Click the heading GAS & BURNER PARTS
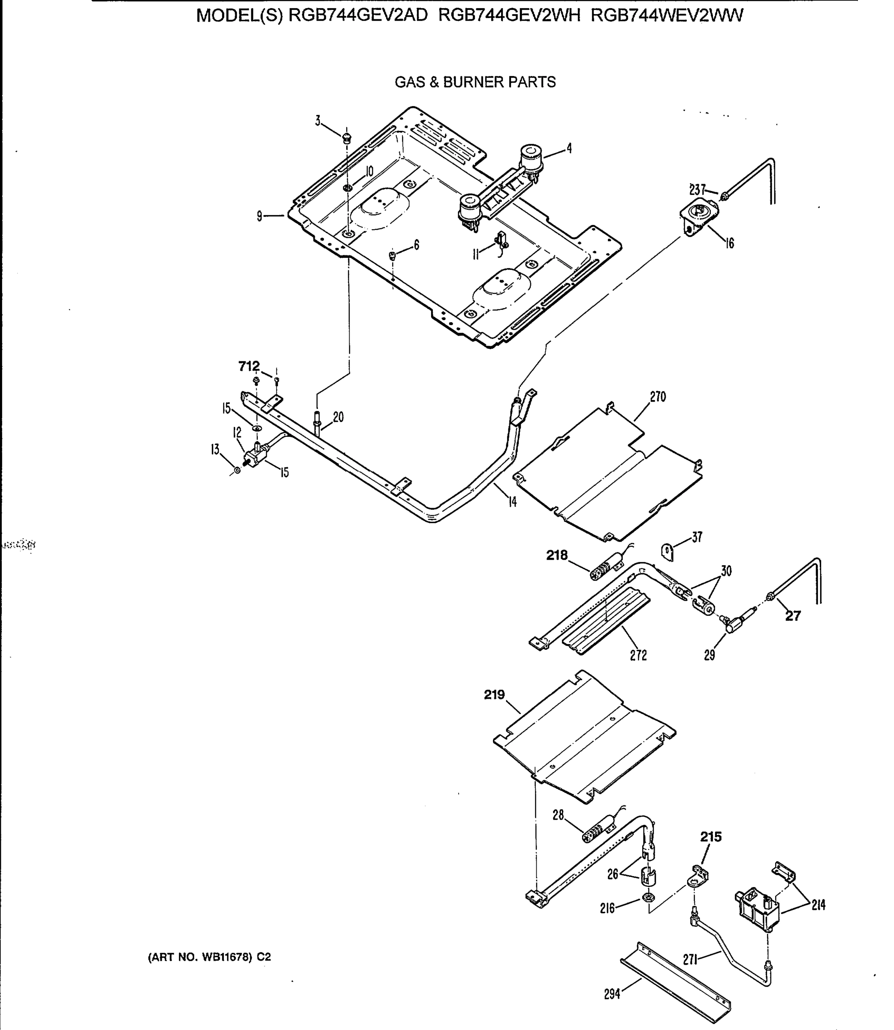[475, 82]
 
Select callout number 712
[249, 366]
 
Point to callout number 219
[494, 695]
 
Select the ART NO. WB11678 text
[209, 957]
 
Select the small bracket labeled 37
[667, 552]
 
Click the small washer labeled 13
[237, 470]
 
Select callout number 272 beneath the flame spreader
[638, 655]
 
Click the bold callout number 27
[793, 616]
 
